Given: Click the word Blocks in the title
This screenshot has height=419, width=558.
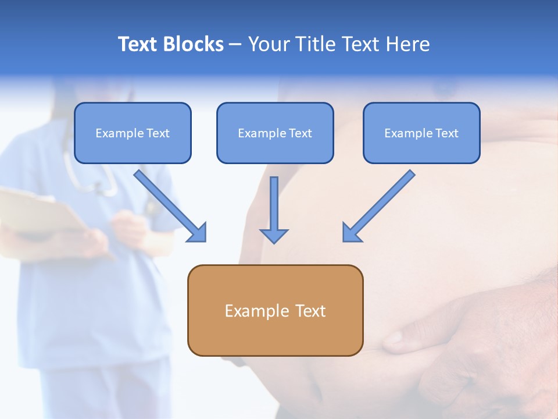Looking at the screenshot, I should tap(192, 44).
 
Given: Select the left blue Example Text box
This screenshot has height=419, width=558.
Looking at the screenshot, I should tap(133, 133).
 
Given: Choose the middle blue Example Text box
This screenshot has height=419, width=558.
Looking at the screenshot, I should tap(275, 133).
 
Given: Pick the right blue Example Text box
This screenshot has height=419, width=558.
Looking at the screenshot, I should tap(421, 133).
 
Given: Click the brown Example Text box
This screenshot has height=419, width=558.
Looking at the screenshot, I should tap(275, 310).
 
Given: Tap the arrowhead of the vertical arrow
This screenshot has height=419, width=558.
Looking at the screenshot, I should tap(274, 235).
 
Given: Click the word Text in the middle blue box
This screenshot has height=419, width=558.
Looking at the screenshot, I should tap(300, 133).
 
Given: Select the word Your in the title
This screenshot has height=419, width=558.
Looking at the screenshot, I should tap(267, 44).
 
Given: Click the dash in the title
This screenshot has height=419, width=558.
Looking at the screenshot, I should tap(235, 45).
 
